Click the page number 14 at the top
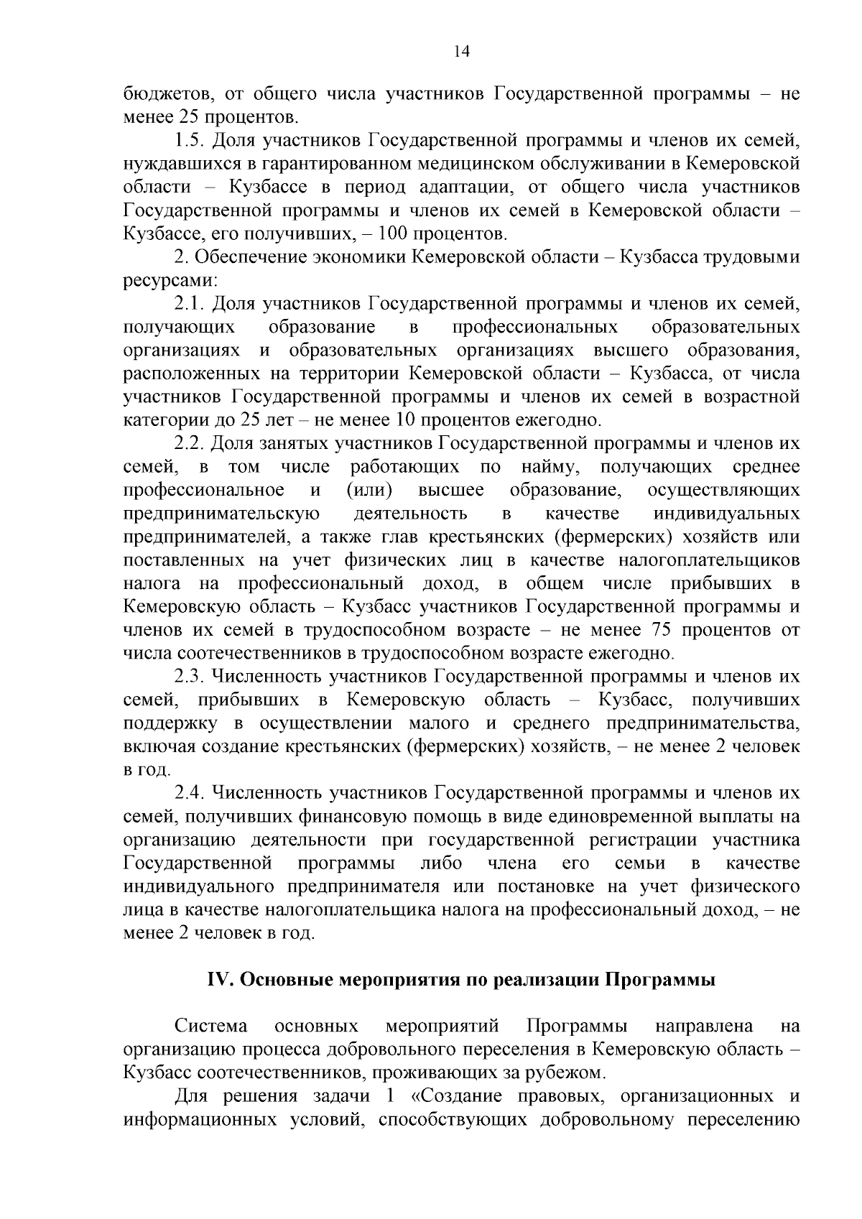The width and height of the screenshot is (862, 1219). [x=460, y=51]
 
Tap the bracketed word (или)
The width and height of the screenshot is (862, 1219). [x=369, y=491]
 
